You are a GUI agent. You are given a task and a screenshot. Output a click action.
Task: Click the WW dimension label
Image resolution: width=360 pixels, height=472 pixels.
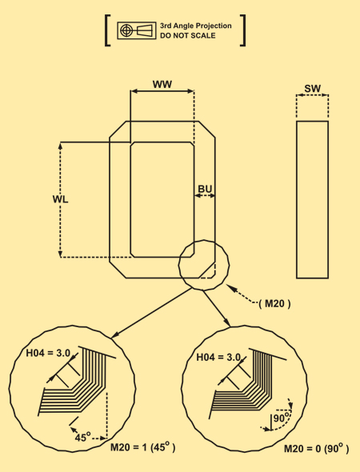162,84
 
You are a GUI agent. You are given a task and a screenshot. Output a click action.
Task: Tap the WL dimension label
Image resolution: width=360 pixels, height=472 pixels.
60,199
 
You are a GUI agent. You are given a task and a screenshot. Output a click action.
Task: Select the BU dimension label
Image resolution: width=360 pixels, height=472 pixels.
205,189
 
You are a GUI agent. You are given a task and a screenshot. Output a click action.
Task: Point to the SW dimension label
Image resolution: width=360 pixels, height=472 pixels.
313,89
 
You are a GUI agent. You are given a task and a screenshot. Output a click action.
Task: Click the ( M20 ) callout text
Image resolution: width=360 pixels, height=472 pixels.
275,304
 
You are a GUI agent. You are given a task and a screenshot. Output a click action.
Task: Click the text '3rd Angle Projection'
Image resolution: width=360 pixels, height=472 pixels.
196,26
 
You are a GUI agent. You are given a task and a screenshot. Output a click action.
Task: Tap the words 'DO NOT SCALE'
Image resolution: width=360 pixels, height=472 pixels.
188,35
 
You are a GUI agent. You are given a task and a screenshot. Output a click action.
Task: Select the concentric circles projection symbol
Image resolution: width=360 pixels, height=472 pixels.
126,30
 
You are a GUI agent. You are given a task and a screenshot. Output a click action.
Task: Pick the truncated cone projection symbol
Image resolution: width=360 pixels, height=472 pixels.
145,30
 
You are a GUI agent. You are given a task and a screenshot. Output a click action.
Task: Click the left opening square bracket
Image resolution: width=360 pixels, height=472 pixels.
107,30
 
